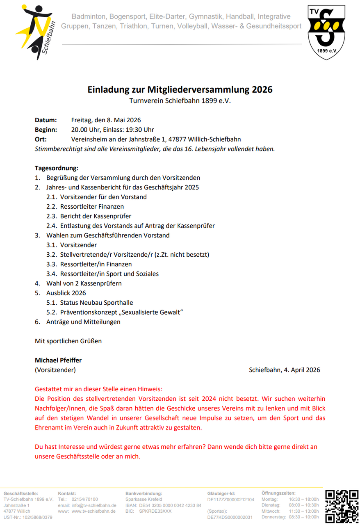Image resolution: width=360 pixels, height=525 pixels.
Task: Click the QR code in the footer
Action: tap(342, 506)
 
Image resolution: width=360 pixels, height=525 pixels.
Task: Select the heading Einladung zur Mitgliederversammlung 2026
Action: tap(180, 89)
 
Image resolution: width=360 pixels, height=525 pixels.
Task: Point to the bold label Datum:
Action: tap(46, 120)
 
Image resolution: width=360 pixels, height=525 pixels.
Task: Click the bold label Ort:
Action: tap(41, 139)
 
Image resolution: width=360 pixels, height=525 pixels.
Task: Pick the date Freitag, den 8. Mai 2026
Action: tap(106, 120)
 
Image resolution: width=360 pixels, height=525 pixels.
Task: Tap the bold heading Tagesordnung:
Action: tap(56, 168)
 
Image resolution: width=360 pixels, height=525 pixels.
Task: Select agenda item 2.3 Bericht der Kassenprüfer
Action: tap(96, 216)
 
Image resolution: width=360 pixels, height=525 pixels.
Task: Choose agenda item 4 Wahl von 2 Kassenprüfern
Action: tap(84, 283)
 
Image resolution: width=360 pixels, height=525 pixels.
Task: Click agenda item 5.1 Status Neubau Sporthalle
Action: tap(96, 303)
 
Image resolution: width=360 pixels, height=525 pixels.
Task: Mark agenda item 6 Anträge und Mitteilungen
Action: tap(83, 322)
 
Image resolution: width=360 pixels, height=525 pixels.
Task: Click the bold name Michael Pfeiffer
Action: tap(58, 360)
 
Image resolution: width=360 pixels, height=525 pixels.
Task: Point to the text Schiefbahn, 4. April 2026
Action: tap(284, 370)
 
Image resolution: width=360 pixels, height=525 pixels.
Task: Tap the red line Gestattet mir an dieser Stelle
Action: tap(98, 389)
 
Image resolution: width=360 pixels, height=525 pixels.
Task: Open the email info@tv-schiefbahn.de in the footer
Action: tap(94, 505)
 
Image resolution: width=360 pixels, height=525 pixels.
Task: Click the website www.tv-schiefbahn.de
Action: tap(94, 511)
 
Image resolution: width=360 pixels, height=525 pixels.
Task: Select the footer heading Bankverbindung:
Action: tap(144, 493)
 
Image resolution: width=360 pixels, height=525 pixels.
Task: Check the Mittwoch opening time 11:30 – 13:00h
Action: tap(303, 511)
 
